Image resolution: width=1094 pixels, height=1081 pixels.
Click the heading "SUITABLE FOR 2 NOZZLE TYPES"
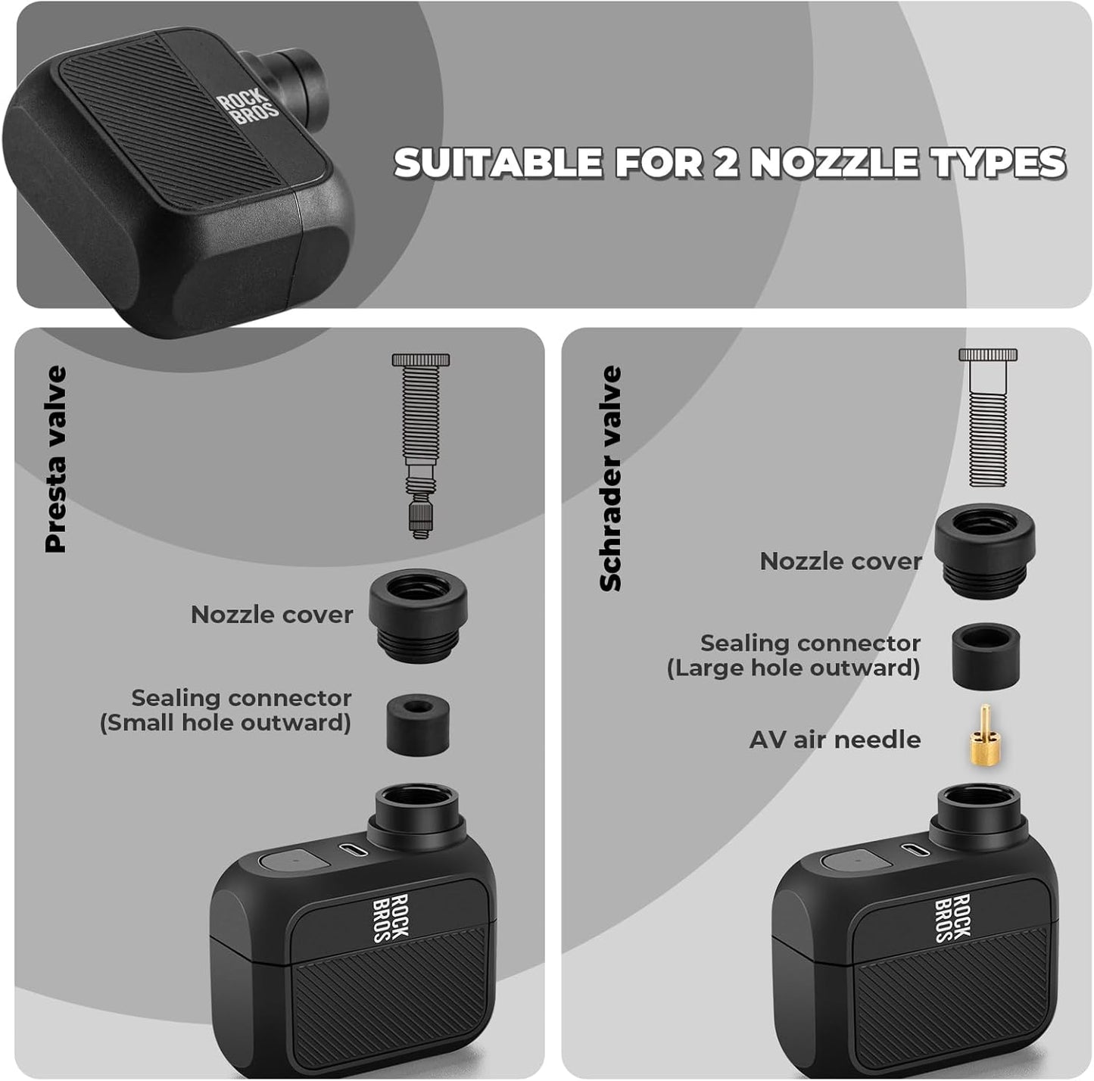[x=729, y=163]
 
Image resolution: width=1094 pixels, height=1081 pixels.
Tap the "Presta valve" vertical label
[x=56, y=459]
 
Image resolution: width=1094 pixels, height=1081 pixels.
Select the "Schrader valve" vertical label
[x=610, y=478]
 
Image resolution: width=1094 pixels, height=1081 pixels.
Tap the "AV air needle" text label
[x=834, y=740]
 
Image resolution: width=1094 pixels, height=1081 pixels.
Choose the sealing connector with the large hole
[x=983, y=655]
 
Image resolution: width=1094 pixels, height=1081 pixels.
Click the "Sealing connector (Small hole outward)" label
[x=226, y=710]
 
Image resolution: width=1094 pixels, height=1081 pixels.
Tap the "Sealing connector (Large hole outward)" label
[x=793, y=656]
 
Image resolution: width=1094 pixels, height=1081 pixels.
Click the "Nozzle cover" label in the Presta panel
[x=272, y=615]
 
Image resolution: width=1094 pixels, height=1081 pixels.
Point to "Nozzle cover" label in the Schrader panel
[x=840, y=562]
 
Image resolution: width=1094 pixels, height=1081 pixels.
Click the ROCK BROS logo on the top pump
[x=248, y=107]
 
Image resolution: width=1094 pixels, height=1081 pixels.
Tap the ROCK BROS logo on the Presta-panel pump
[x=391, y=918]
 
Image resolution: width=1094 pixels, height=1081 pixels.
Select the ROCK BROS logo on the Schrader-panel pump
[x=953, y=918]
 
